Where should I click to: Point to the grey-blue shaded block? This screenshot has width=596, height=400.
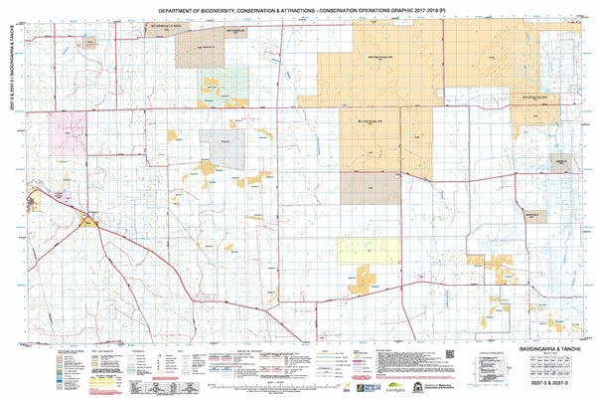[221, 144]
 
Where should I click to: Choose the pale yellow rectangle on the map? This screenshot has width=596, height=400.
[356, 250]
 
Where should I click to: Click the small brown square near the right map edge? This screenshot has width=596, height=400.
[561, 164]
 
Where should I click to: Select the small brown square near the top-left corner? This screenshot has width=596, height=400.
[89, 42]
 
